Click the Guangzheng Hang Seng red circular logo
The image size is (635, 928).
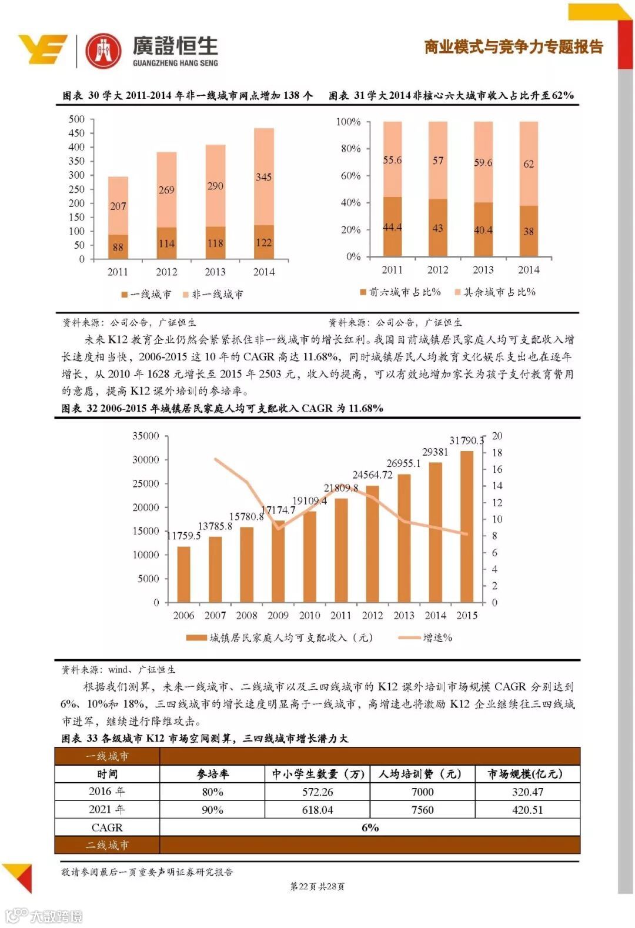[103, 51]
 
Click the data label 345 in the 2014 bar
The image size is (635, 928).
[263, 177]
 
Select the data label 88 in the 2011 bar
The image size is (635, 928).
[118, 248]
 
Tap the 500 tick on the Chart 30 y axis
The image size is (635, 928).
[76, 119]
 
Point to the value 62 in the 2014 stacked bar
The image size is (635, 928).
[529, 164]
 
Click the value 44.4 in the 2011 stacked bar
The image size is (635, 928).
[392, 228]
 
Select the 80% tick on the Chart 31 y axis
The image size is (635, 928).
[350, 149]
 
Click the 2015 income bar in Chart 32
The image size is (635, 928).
[467, 526]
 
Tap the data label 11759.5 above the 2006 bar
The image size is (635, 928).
[183, 536]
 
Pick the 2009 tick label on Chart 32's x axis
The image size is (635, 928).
[278, 616]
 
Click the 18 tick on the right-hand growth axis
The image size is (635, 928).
[497, 453]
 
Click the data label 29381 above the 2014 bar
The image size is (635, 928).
[435, 452]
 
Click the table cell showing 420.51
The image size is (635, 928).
[527, 810]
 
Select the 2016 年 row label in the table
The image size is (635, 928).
[107, 792]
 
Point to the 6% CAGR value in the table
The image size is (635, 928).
[370, 827]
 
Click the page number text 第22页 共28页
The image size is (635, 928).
[317, 886]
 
